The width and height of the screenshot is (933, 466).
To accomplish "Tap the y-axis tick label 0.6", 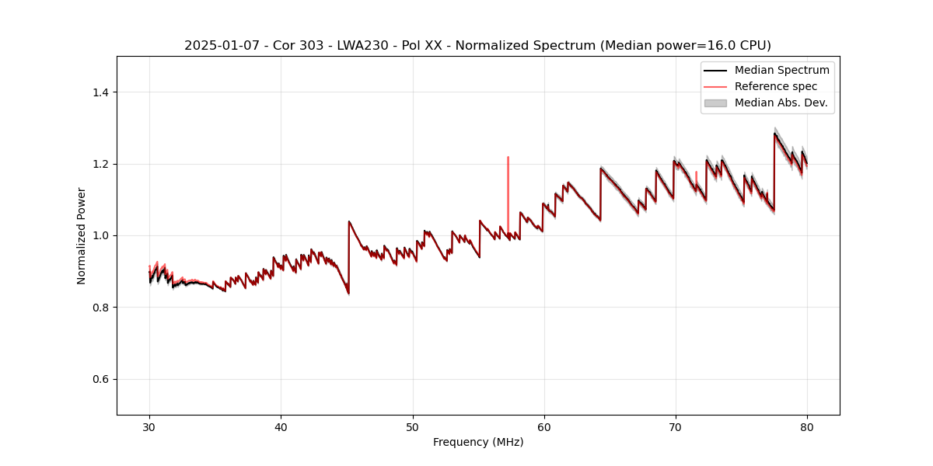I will pos(100,379).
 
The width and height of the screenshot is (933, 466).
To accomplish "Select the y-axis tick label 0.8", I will pos(100,308).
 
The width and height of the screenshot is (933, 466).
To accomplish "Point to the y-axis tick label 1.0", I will pos(100,235).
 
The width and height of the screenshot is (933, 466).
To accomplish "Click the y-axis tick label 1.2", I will pos(100,164).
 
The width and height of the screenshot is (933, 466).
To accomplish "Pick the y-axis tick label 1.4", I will pos(100,92).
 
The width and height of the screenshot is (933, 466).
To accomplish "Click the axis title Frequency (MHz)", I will pos(478,442).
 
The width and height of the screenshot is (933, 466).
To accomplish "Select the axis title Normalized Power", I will pos(81,235).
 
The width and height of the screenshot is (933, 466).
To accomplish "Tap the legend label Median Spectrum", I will pos(781,71).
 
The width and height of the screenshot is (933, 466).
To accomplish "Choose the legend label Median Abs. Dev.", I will pos(781,103).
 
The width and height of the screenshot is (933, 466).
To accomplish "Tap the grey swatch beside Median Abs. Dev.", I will pos(715,103).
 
